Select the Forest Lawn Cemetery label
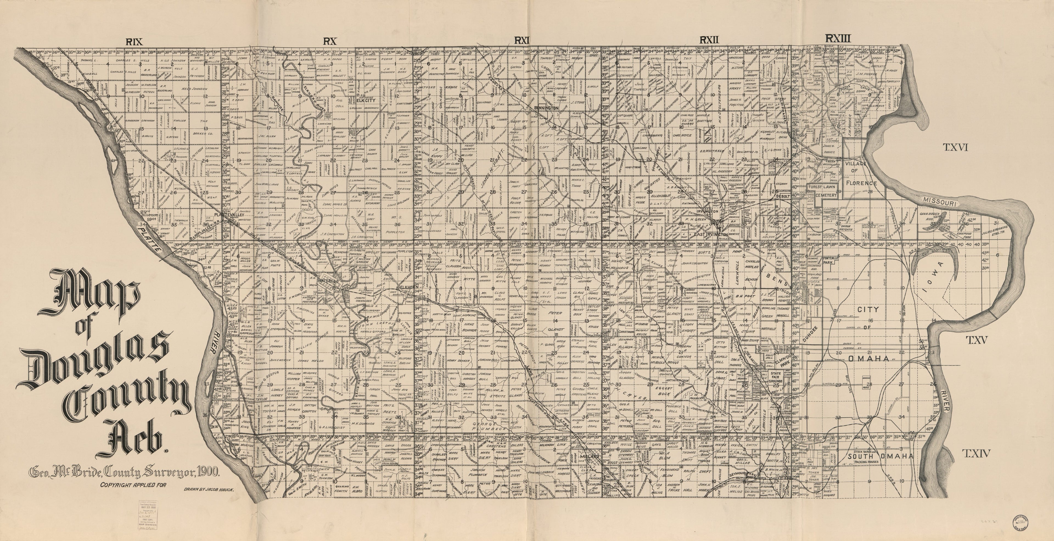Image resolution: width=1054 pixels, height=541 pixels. click(x=823, y=191)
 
